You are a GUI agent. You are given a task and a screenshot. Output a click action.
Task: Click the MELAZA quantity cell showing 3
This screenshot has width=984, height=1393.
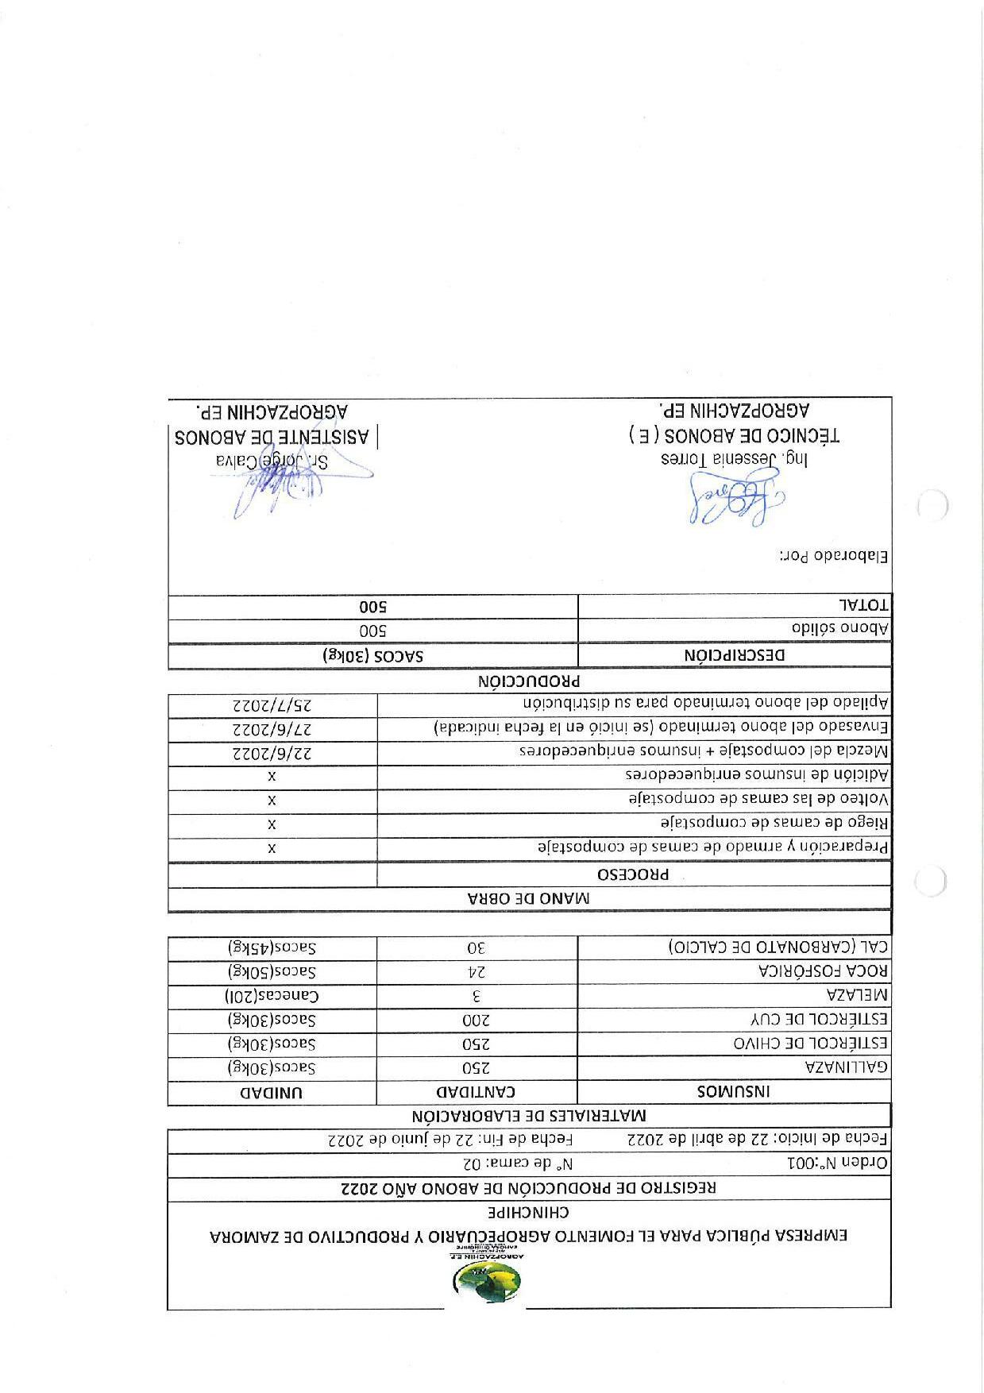pos(477,995)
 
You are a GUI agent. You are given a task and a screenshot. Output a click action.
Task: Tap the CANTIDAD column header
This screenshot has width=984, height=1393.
pos(477,1092)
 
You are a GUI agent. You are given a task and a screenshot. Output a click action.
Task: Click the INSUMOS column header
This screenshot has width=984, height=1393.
pos(734,1092)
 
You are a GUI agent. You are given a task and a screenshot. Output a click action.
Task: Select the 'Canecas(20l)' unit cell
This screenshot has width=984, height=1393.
pos(272,995)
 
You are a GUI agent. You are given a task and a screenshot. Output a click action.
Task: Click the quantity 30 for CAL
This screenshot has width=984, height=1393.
pos(477,947)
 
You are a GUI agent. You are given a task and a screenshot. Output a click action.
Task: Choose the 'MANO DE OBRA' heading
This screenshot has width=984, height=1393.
pos(529,899)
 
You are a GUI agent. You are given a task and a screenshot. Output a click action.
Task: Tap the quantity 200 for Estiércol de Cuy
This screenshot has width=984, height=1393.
pos(477,1019)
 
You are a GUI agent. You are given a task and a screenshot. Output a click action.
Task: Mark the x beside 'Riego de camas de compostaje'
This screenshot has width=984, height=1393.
pos(272,824)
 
